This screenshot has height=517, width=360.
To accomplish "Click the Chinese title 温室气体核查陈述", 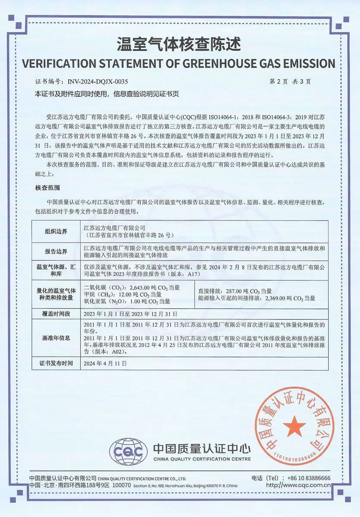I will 179,44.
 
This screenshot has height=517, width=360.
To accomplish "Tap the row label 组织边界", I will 56,231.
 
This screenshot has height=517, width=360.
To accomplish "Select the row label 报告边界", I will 56,252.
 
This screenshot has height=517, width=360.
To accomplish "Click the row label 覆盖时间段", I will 56,313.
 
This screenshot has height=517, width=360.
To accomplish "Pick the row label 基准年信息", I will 56,338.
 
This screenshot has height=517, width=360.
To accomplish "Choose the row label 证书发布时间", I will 56,363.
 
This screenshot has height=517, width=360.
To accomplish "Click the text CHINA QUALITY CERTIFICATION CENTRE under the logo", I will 202,459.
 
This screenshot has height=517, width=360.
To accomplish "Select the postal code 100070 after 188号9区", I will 121,485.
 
